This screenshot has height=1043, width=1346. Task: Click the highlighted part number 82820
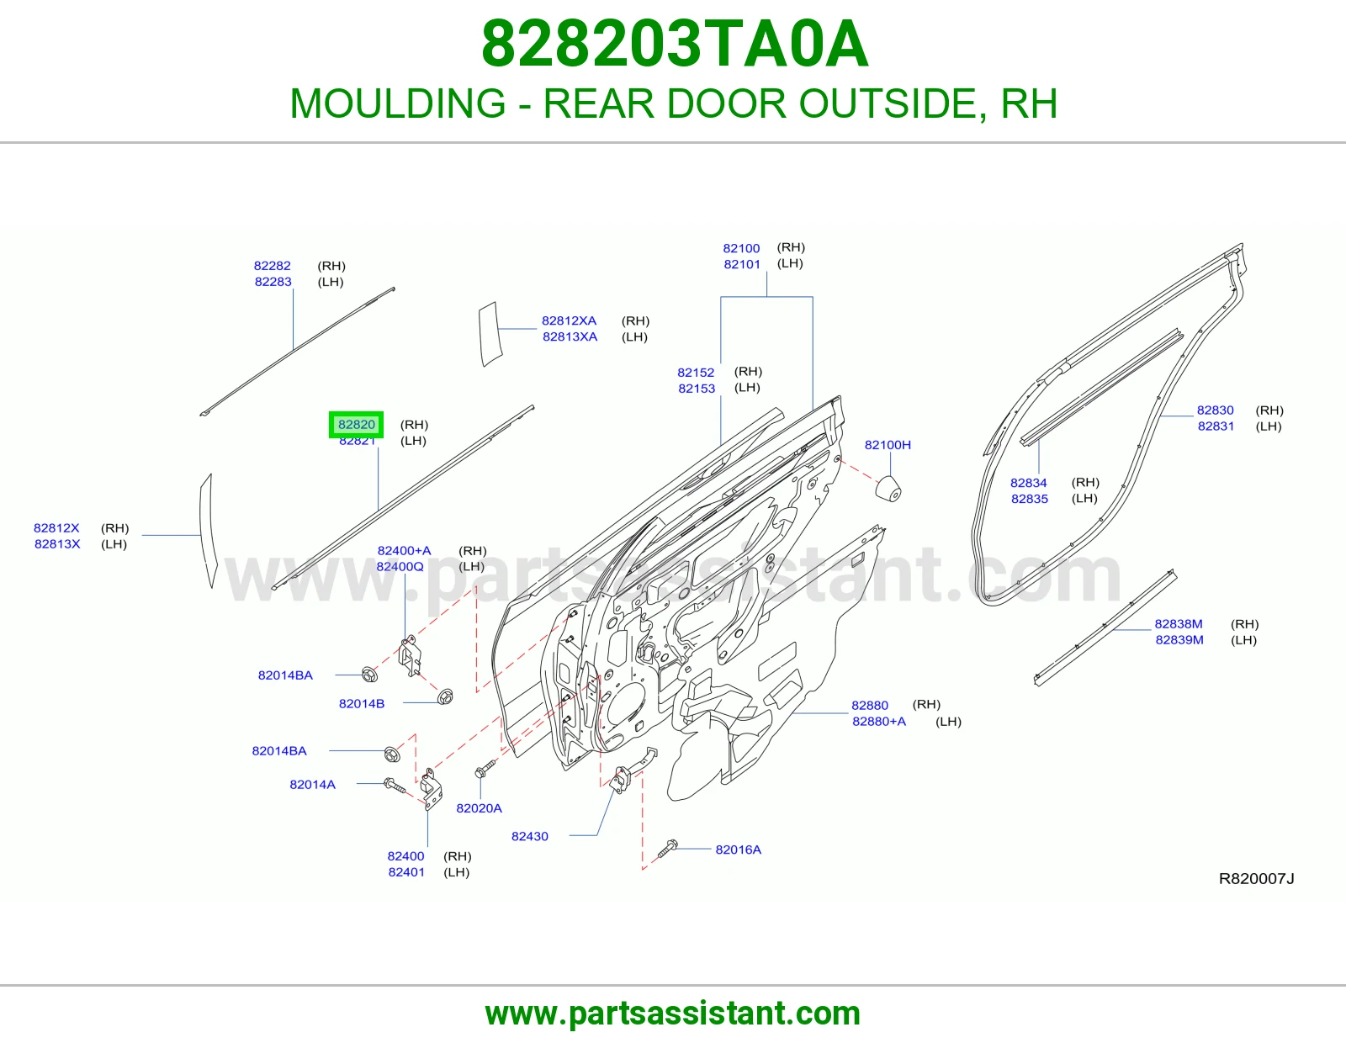tap(356, 425)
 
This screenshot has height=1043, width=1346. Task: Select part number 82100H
tap(888, 445)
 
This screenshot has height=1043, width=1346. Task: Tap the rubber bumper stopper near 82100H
tap(888, 488)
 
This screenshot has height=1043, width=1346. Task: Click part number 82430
tap(530, 836)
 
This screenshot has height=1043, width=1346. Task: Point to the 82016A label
tap(739, 850)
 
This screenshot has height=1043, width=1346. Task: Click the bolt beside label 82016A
tap(668, 848)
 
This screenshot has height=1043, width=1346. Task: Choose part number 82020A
tap(479, 808)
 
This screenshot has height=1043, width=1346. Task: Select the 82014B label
tap(362, 703)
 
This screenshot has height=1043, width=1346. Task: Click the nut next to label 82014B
tap(445, 696)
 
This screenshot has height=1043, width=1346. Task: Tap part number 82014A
tap(312, 785)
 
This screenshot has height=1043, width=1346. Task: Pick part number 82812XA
tap(569, 320)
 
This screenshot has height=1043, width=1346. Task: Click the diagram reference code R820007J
tap(1256, 879)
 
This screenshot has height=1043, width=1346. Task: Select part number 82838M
tap(1178, 624)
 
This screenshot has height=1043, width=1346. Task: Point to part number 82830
tap(1215, 410)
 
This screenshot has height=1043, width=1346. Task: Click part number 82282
tap(272, 266)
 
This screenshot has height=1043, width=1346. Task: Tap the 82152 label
tap(696, 373)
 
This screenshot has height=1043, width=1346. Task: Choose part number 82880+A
tap(879, 722)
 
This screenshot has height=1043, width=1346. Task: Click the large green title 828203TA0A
tap(675, 44)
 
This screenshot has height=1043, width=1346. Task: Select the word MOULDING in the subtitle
tap(398, 103)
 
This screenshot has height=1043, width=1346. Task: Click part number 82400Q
tap(400, 567)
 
